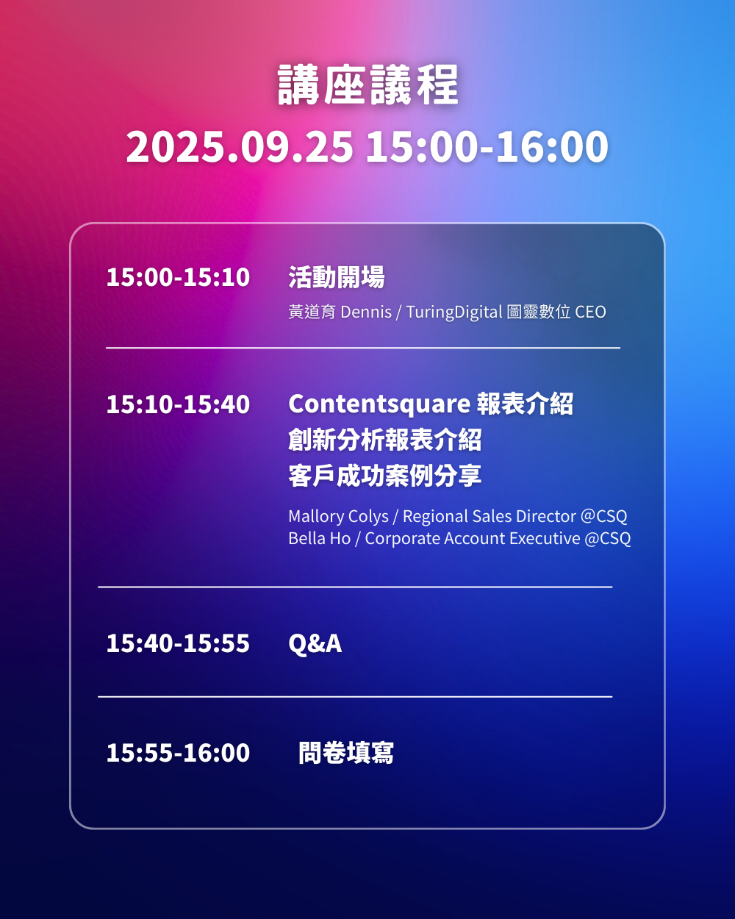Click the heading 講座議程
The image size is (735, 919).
367,85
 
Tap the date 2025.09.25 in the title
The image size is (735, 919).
240,146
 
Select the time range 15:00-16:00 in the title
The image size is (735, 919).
487,146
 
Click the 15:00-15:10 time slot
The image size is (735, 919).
178,277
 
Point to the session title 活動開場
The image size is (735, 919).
337,277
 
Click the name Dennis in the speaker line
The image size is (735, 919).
366,312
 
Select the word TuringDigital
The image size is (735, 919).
454,312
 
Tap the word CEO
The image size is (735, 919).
590,312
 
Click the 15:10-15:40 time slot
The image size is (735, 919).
178,404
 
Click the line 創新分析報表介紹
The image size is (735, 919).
385,440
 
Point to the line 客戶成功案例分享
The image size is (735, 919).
385,476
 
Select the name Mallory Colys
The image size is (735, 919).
338,516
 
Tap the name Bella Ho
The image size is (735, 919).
320,538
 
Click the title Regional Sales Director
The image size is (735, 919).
490,516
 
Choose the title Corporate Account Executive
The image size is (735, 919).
473,538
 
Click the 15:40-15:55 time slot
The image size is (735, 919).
178,643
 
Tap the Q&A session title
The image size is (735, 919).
315,643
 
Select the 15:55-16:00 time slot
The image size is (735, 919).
178,752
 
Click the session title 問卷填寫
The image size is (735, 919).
346,752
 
